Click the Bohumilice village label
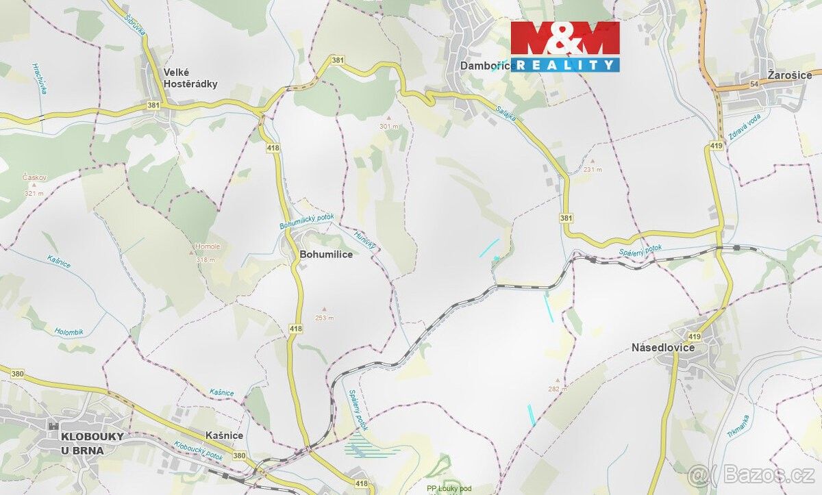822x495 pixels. [326, 254]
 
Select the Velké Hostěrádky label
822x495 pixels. [190, 78]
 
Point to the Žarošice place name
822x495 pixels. [789, 75]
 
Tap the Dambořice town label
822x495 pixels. [487, 65]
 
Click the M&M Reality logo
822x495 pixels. [565, 46]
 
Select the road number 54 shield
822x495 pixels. [754, 84]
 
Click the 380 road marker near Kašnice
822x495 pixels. [238, 455]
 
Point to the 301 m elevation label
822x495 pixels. [388, 127]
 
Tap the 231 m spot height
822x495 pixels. [593, 169]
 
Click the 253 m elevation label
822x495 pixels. [324, 318]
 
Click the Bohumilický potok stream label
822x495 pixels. [306, 221]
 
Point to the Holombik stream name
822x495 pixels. [68, 332]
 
